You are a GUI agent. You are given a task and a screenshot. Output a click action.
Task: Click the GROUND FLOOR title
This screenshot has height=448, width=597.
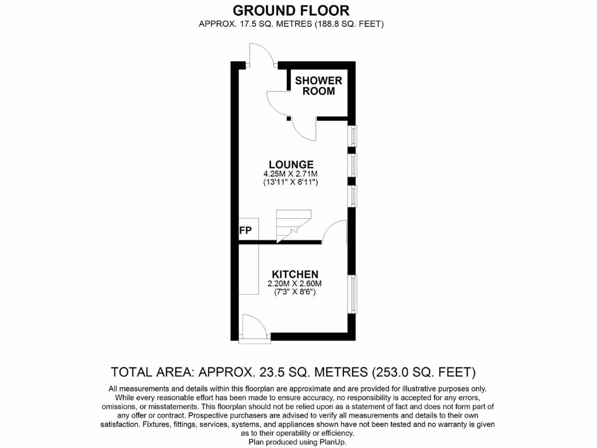pyautogui.click(x=292, y=10)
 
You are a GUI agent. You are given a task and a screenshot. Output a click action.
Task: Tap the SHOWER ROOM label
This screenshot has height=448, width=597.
pyautogui.click(x=318, y=86)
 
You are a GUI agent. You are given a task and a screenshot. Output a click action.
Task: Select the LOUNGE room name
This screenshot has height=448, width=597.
pyautogui.click(x=291, y=164)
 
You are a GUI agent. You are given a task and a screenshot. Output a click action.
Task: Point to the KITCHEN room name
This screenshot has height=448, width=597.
pyautogui.click(x=294, y=274)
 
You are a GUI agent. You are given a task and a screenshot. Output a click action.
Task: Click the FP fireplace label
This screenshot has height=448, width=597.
pyautogui.click(x=245, y=231)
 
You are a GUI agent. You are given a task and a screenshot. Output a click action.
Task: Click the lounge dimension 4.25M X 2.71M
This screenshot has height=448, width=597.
pyautogui.click(x=291, y=174)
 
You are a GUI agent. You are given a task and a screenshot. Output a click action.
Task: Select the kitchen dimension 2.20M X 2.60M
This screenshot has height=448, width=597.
pyautogui.click(x=294, y=283)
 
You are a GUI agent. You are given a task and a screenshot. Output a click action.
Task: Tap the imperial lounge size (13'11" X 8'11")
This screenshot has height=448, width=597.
pyautogui.click(x=291, y=183)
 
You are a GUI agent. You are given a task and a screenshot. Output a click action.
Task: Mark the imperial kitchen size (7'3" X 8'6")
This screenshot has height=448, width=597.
pyautogui.click(x=294, y=292)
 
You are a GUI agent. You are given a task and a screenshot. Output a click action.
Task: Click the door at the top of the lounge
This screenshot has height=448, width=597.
pyautogui.click(x=259, y=55)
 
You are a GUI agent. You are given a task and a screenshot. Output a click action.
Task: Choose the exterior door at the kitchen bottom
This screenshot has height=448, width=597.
pyautogui.click(x=254, y=327)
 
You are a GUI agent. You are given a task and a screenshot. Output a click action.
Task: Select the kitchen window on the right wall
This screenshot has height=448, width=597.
pyautogui.click(x=353, y=293)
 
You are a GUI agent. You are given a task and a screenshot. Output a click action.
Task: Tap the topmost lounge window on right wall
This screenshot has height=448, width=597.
pyautogui.click(x=353, y=136)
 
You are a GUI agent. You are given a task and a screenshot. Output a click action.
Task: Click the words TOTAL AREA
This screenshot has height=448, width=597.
pyautogui.click(x=152, y=372)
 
